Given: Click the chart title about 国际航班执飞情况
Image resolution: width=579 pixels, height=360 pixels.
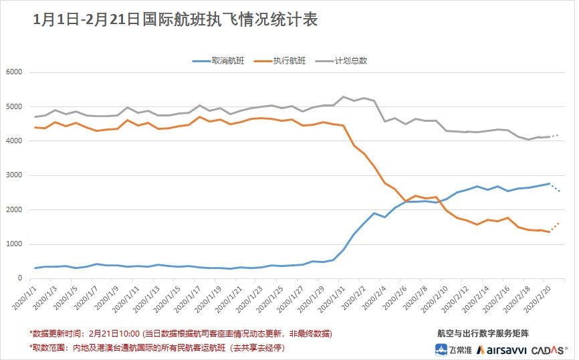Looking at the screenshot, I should click(x=175, y=21).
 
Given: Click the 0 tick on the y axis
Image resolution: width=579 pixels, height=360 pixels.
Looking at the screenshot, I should click(x=20, y=278).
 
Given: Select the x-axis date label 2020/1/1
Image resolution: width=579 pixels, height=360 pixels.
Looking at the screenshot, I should click(x=24, y=298).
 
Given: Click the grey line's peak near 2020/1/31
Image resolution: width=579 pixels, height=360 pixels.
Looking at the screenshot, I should click(x=343, y=97).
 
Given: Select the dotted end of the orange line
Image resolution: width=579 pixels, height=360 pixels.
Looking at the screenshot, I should click(x=556, y=226).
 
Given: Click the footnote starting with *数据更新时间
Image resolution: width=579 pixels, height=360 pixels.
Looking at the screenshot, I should click(x=181, y=333).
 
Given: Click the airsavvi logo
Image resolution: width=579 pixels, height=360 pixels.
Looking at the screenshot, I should click(x=502, y=349).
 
